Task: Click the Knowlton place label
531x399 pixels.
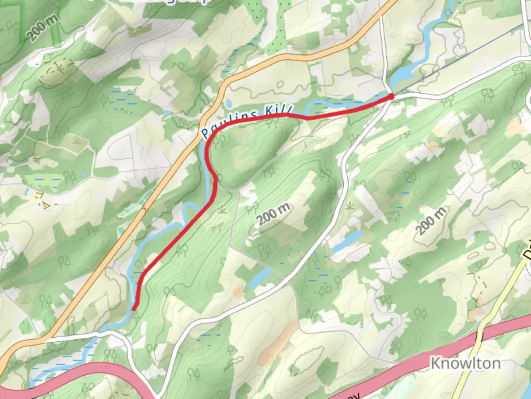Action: (466, 363)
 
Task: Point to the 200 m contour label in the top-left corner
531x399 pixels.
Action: (43, 28)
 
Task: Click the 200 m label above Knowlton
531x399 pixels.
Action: (431, 221)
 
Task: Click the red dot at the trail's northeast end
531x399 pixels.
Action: (391, 97)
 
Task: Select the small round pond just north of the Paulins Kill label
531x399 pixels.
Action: (229, 103)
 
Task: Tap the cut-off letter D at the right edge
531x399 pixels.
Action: (527, 255)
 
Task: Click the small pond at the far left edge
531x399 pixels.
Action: (27, 191)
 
